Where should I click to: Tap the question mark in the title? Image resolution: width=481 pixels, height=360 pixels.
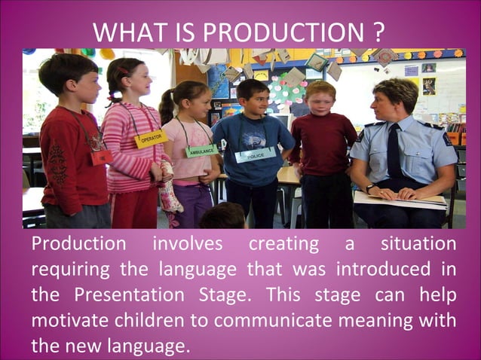(x=378, y=33)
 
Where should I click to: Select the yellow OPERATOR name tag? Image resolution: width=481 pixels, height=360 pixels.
(x=150, y=139)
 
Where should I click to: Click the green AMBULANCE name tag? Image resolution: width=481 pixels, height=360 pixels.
(x=201, y=150)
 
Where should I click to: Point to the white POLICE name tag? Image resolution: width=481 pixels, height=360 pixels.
(x=255, y=154)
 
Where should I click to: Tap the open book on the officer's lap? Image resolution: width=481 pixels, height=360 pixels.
(x=400, y=199)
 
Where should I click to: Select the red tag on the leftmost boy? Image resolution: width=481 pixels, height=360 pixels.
(x=100, y=157)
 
